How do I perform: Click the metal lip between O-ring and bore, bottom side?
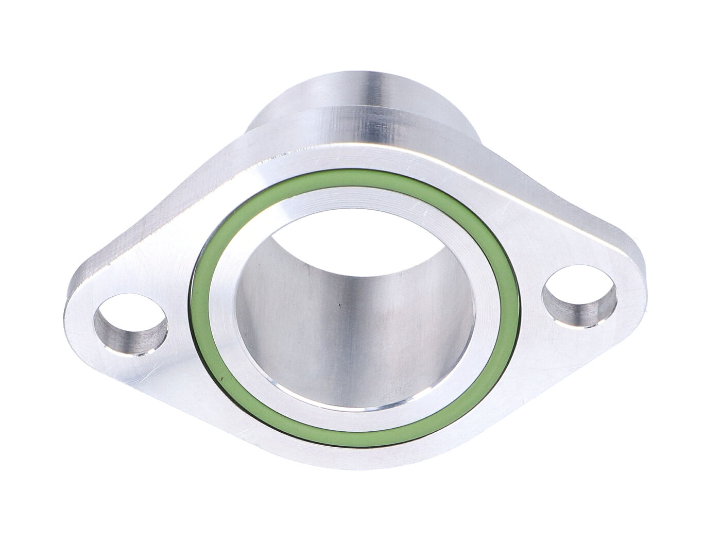355,420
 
